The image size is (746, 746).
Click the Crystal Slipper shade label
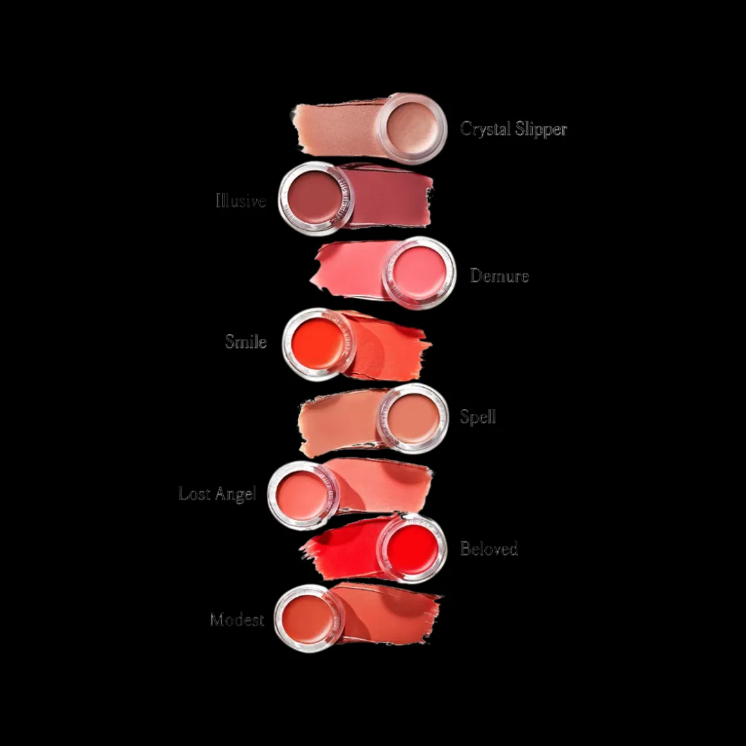click(x=513, y=129)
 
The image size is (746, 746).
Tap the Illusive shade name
click(x=241, y=201)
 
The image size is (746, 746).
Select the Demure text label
click(x=499, y=276)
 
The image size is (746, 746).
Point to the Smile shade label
click(x=246, y=341)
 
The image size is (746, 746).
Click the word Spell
click(x=478, y=417)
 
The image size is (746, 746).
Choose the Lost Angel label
click(x=217, y=494)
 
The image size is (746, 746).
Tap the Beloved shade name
click(x=489, y=549)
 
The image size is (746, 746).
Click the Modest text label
click(x=237, y=619)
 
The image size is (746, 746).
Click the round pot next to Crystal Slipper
click(x=412, y=126)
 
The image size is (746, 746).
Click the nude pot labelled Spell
click(x=412, y=418)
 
